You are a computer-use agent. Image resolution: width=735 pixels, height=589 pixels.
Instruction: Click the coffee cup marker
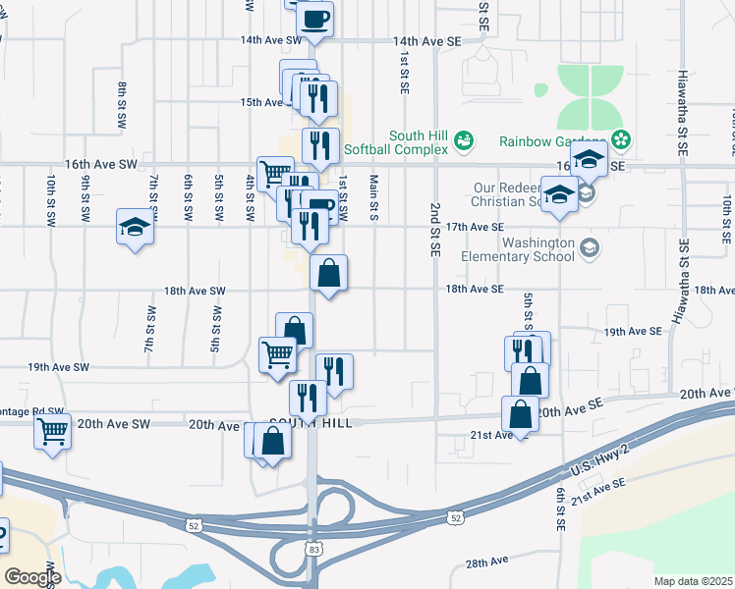tap(314, 19)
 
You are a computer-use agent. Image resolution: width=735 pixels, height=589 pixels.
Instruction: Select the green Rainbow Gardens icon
tap(620, 136)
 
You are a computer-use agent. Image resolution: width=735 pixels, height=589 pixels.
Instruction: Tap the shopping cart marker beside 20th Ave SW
tap(52, 430)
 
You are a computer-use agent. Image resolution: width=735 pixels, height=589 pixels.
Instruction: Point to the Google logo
tap(32, 576)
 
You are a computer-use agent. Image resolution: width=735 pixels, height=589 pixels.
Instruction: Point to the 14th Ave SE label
tap(426, 41)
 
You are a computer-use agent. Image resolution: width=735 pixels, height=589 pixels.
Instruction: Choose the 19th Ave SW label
tap(58, 366)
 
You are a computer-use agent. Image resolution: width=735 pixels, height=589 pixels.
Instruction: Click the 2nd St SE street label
tap(433, 230)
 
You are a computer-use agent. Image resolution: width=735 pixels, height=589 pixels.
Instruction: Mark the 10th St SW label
tap(51, 200)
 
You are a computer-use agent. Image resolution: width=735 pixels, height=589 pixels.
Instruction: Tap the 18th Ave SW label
tap(195, 291)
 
